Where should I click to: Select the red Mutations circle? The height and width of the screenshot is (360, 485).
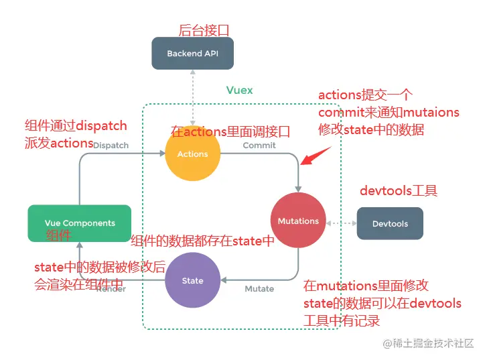point(298,221)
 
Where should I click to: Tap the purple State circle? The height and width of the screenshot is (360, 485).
point(192,280)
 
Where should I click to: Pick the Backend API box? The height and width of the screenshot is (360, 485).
point(192,54)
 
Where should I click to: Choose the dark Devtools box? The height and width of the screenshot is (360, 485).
point(389,223)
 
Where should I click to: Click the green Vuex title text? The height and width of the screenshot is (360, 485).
point(239,90)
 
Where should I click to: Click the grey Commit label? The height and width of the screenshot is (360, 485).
point(259,145)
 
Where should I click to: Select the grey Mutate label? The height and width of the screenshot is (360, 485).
point(259,289)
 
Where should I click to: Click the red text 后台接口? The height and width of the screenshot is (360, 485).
point(203,30)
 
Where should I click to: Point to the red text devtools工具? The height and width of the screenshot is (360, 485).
point(398,191)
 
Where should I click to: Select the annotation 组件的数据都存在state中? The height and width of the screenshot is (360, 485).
point(203,241)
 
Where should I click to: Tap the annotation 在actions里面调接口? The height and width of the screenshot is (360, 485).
point(230,132)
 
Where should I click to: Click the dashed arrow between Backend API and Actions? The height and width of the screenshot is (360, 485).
point(192,97)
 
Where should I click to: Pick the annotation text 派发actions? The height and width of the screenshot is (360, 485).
point(59,143)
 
